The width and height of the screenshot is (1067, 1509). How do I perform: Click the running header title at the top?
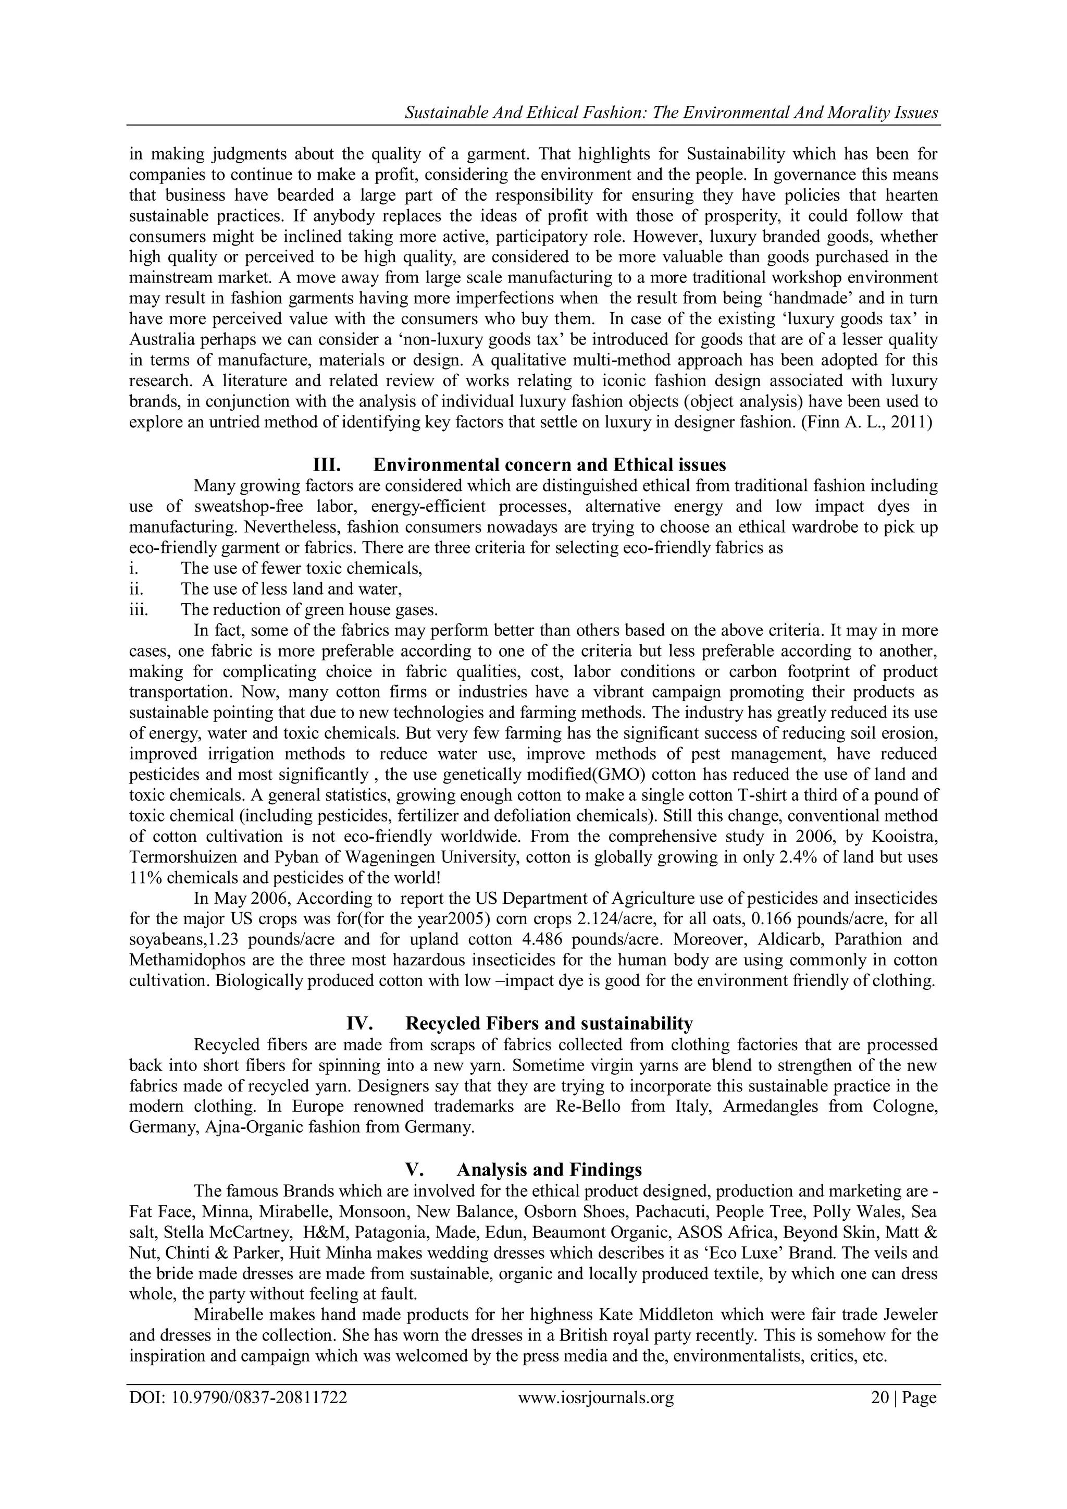(x=671, y=113)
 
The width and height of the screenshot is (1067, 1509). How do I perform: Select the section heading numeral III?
(x=327, y=464)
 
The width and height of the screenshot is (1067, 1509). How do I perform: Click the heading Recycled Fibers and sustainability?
(x=549, y=1023)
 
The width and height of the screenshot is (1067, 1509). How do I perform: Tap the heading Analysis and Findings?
(x=549, y=1169)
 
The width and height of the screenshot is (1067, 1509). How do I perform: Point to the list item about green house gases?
(x=309, y=609)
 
